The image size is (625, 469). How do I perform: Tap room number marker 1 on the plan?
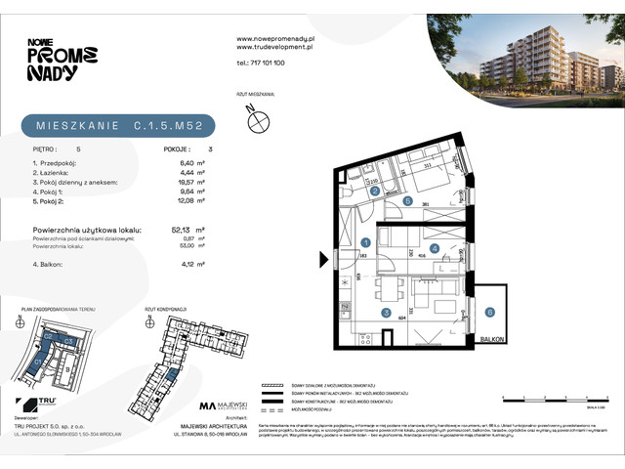pyautogui.click(x=365, y=241)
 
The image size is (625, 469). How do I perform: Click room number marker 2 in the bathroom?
pyautogui.click(x=375, y=192)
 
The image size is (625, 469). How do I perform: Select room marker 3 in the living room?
pyautogui.click(x=386, y=314)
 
